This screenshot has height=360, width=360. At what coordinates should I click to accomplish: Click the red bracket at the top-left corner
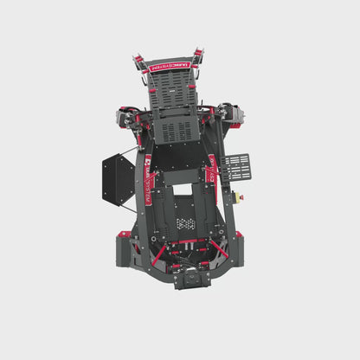[x=138, y=60]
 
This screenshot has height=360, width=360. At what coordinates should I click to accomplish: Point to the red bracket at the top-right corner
[x=197, y=56]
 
